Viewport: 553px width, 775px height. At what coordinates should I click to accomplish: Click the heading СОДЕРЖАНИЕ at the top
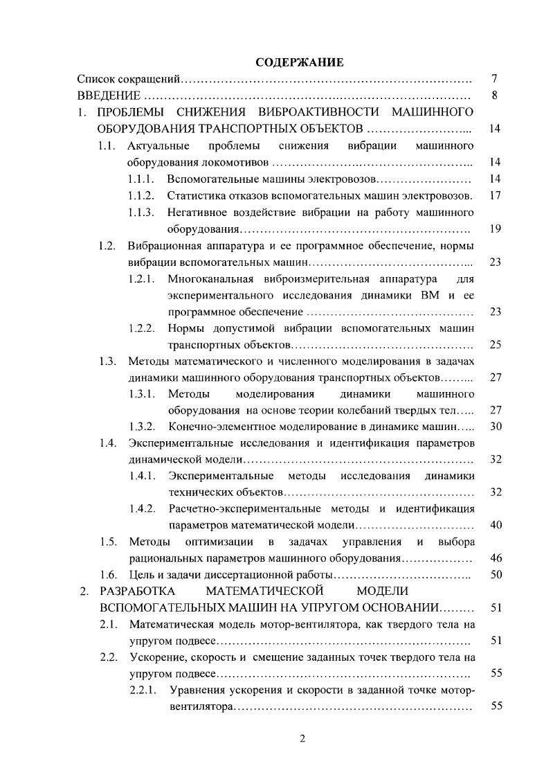click(x=300, y=62)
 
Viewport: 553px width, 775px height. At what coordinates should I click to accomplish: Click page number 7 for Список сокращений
click(x=494, y=79)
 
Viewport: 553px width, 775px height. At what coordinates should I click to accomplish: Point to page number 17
click(x=494, y=195)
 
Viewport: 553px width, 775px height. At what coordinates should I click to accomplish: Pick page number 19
click(x=494, y=229)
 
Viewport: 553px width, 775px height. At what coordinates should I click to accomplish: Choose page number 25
click(x=494, y=345)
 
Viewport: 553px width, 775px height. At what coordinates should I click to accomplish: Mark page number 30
click(x=494, y=426)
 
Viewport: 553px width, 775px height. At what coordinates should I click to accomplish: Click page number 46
click(x=494, y=558)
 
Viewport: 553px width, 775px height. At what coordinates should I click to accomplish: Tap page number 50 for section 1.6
click(x=494, y=575)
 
